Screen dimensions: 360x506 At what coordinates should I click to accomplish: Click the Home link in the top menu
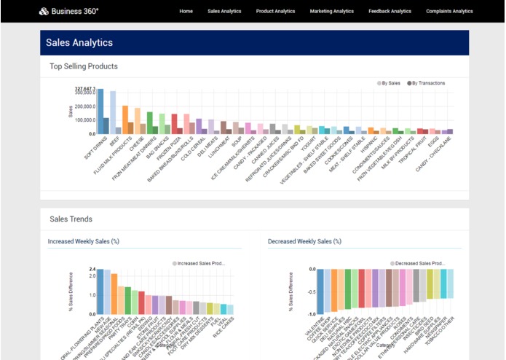click(186, 11)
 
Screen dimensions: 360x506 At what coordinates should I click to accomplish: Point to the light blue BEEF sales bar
click(113, 112)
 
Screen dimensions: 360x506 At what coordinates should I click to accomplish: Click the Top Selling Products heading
click(83, 66)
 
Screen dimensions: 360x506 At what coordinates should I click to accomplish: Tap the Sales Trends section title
click(71, 219)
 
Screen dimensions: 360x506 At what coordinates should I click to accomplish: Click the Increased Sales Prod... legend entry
click(199, 263)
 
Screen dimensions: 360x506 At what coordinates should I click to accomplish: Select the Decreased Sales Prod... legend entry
click(417, 263)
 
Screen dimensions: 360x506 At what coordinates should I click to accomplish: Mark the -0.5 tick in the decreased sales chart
click(310, 291)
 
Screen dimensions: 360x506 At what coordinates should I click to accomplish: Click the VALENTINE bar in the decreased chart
click(320, 292)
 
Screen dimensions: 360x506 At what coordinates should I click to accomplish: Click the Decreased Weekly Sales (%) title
click(304, 240)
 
